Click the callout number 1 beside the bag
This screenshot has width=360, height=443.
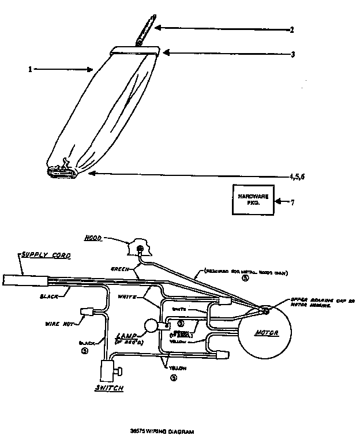click(29, 70)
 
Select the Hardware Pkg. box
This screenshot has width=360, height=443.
click(253, 200)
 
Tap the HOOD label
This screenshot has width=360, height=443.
click(110, 238)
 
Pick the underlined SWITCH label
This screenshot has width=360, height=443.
click(108, 388)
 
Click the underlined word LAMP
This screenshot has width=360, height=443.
click(126, 336)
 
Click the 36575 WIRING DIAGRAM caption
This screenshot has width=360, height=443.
click(166, 431)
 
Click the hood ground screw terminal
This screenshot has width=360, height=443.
click(140, 249)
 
